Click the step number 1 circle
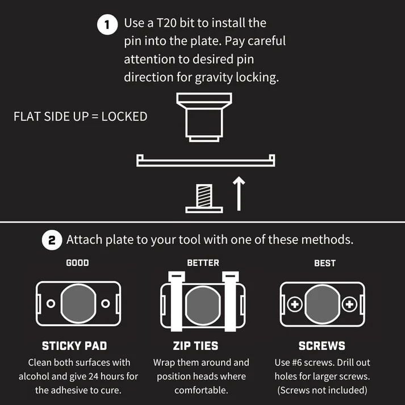[x=107, y=24]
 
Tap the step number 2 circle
[x=52, y=240]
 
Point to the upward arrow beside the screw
[x=239, y=194]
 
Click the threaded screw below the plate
[x=204, y=198]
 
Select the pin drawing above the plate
[x=204, y=117]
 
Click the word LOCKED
[x=124, y=116]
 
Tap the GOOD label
[x=77, y=263]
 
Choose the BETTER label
[x=203, y=263]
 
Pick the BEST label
[x=325, y=263]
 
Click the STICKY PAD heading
[x=74, y=346]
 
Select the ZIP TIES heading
[x=195, y=346]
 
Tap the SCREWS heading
[x=322, y=346]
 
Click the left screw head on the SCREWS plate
[x=295, y=304]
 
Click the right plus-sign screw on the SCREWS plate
[x=349, y=304]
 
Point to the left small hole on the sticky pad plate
[x=51, y=303]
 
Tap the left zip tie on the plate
[x=177, y=301]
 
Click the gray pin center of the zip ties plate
[x=203, y=305]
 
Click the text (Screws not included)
[x=322, y=390]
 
